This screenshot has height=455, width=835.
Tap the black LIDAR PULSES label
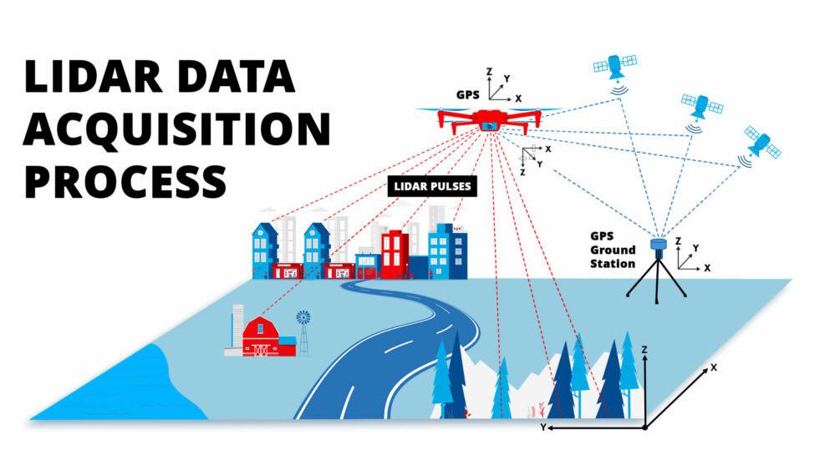pyautogui.click(x=432, y=186)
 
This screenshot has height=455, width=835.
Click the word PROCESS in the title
pyautogui.click(x=125, y=179)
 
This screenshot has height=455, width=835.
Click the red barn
pyautogui.click(x=263, y=336)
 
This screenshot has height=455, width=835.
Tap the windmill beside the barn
pyautogui.click(x=303, y=326)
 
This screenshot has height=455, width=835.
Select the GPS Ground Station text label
pyautogui.click(x=612, y=250)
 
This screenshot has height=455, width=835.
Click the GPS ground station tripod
pyautogui.click(x=657, y=267)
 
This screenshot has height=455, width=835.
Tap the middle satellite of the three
pyautogui.click(x=700, y=106)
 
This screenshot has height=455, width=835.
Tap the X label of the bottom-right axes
pyautogui.click(x=713, y=367)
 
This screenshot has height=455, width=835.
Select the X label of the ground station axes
pyautogui.click(x=707, y=268)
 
